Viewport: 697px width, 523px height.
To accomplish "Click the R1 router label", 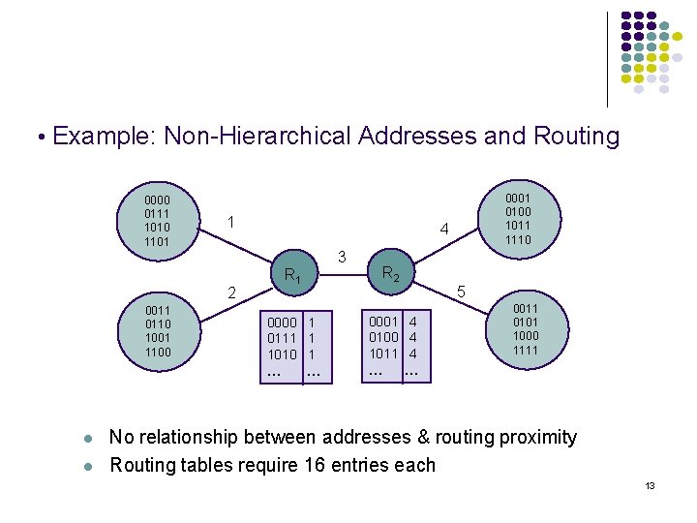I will (x=293, y=277).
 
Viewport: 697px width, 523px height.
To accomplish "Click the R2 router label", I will (x=391, y=274).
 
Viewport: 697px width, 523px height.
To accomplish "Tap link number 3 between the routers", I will (x=342, y=257).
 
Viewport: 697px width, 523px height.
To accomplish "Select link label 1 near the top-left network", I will (x=229, y=222).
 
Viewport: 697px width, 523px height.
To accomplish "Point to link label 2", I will (x=230, y=292).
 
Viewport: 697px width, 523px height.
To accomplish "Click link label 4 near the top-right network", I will (x=443, y=231).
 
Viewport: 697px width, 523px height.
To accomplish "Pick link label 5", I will (x=463, y=292).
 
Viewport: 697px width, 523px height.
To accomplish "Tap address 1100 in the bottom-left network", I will (x=158, y=352).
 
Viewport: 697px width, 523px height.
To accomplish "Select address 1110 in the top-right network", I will (x=518, y=239).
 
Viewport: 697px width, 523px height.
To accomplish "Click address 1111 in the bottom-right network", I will (x=527, y=350).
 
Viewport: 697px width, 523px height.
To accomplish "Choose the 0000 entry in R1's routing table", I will (x=282, y=322).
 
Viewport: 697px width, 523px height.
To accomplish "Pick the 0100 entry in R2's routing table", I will (x=383, y=336).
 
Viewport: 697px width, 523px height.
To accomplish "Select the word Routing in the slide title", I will (x=576, y=136).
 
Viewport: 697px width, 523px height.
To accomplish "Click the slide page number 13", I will (x=650, y=485).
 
